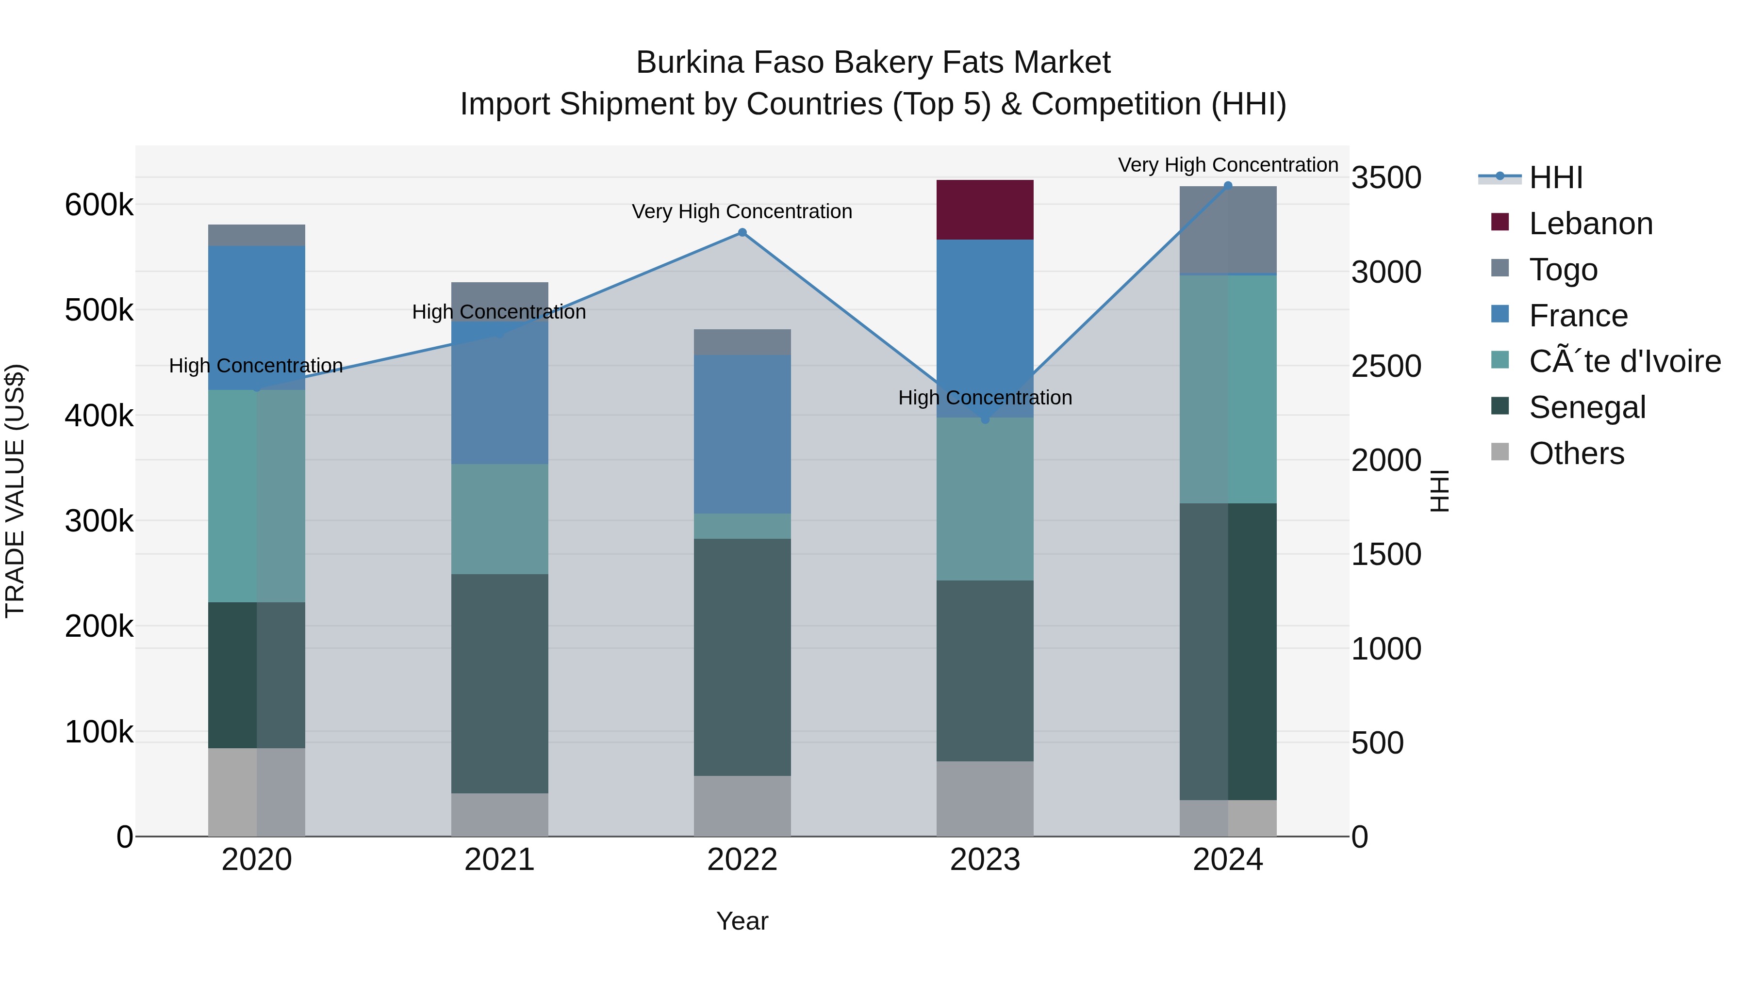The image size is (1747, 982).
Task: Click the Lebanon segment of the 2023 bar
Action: click(x=985, y=209)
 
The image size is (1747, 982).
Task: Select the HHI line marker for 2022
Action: click(x=742, y=232)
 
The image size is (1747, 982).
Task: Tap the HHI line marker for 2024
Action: click(x=1228, y=186)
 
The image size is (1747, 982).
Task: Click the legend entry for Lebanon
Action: click(x=1590, y=224)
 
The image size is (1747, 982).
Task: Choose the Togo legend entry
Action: click(x=1563, y=270)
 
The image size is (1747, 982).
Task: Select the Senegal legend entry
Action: click(x=1587, y=407)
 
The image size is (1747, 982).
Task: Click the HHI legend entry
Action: click(x=1556, y=177)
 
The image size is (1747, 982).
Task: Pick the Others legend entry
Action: click(x=1576, y=453)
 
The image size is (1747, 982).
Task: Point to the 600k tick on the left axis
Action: click(x=99, y=205)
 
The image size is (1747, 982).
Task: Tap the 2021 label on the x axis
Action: click(x=499, y=860)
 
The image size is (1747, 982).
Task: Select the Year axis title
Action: click(x=742, y=921)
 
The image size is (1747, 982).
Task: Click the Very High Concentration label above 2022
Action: click(x=742, y=211)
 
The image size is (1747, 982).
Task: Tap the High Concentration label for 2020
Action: click(x=256, y=366)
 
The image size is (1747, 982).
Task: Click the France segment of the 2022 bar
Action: click(x=742, y=434)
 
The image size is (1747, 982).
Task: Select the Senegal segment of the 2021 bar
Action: click(x=499, y=683)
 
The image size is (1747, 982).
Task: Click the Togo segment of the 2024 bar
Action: click(x=1228, y=230)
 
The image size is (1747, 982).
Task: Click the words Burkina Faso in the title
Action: click(x=730, y=63)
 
